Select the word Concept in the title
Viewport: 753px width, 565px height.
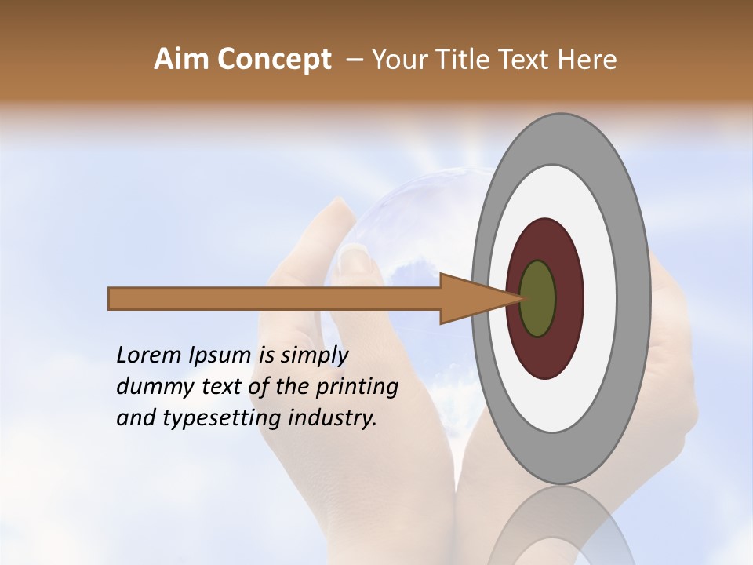point(275,60)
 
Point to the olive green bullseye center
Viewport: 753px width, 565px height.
point(537,298)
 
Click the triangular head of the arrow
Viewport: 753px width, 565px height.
point(471,298)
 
